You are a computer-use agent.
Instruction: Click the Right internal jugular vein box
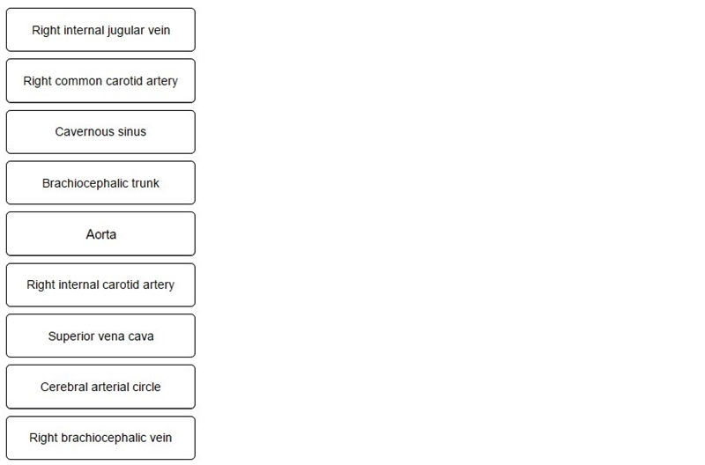pos(100,30)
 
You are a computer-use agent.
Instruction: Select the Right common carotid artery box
pos(100,81)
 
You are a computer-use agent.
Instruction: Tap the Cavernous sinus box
pos(100,132)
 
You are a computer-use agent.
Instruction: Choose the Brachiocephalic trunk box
pos(100,183)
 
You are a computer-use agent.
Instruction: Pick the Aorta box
pos(100,234)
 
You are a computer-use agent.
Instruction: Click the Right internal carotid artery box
pos(100,284)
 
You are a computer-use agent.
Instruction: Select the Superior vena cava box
pos(100,336)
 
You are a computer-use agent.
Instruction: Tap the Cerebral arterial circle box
pos(100,387)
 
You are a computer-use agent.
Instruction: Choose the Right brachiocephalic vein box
pos(100,438)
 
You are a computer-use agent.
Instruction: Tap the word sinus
pos(132,131)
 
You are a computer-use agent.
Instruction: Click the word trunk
pos(145,183)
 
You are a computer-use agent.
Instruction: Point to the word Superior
pos(69,336)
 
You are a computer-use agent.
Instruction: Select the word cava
pos(141,336)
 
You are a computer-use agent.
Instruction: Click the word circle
pos(146,387)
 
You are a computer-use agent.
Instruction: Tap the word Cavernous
pos(85,131)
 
